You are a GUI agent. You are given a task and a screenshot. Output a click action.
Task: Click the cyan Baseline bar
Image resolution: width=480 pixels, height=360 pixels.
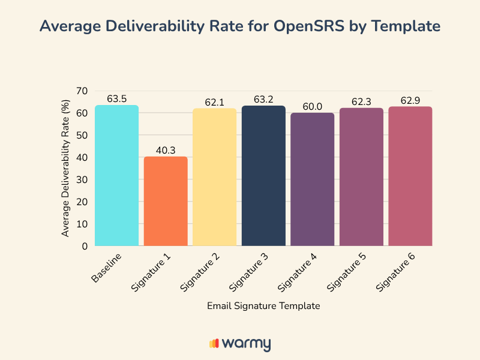[117, 175]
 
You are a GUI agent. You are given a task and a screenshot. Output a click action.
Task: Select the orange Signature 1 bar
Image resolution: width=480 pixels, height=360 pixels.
[166, 201]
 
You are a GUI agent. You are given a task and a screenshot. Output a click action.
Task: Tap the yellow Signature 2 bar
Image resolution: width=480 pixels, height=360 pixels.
[215, 177]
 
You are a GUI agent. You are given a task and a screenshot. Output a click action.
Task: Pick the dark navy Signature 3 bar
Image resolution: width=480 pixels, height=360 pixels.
[263, 176]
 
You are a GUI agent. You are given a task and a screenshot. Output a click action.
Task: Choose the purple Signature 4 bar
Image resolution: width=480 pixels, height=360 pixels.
[313, 179]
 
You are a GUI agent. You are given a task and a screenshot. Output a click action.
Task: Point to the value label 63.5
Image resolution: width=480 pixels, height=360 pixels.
[117, 98]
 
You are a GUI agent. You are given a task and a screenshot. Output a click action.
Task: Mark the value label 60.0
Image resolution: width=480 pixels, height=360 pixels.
[313, 106]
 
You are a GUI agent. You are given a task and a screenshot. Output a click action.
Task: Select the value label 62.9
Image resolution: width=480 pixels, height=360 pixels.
[410, 100]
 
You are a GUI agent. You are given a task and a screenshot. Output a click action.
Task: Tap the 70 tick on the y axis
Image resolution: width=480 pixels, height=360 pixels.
[82, 91]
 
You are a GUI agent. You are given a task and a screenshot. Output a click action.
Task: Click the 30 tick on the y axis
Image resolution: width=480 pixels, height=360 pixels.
[82, 179]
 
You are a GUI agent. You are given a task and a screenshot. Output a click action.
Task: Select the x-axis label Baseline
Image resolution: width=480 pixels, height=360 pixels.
[108, 268]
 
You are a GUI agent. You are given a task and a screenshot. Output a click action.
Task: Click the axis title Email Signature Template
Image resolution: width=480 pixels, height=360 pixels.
[263, 305]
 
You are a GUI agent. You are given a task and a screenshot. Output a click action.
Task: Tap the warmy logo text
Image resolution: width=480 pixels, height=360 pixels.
[246, 343]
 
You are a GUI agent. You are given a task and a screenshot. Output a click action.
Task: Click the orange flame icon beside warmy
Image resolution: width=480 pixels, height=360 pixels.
[214, 343]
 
